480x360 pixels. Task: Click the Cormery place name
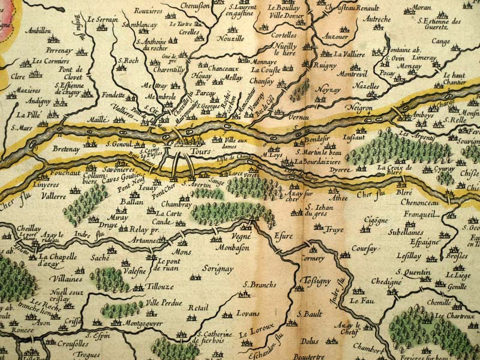312,259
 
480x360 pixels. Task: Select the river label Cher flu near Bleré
373,193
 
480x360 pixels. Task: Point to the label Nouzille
230,38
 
